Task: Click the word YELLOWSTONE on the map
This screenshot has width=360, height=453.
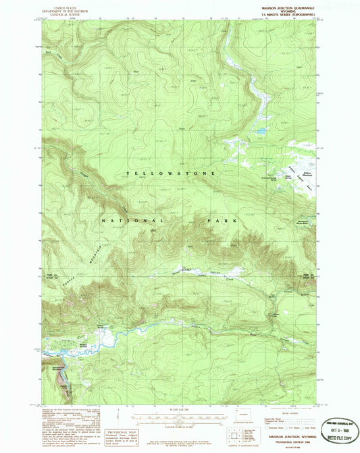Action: pyautogui.click(x=170, y=174)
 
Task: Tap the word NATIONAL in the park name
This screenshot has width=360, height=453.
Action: pyautogui.click(x=132, y=221)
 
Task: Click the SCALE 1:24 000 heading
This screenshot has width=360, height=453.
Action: pyautogui.click(x=180, y=408)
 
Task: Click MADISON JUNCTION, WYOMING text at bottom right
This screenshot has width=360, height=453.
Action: pyautogui.click(x=291, y=438)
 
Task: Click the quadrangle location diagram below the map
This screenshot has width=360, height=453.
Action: pyautogui.click(x=234, y=432)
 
